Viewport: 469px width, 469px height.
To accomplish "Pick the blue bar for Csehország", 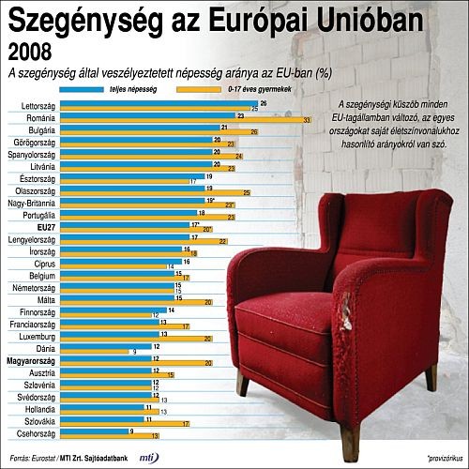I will coord(95,431).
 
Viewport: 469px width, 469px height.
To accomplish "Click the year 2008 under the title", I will coord(29,51).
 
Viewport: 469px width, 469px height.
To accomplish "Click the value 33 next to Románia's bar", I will coord(308,120).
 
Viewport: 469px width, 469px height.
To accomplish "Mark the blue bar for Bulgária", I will coord(140,127).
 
